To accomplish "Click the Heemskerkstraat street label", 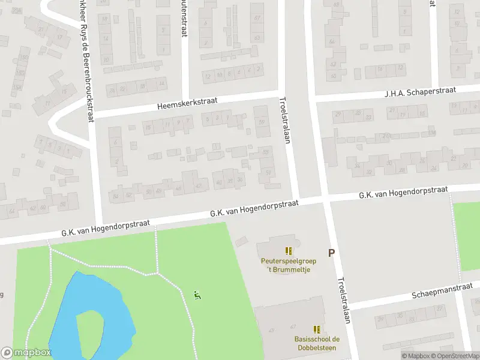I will [187, 104].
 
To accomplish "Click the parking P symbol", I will [331, 253].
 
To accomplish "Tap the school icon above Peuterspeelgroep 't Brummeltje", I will [289, 251].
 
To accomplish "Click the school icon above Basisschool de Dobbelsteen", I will [316, 329].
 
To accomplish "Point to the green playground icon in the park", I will [197, 295].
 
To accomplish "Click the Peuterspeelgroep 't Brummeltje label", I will [289, 265].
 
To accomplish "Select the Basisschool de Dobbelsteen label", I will [316, 344].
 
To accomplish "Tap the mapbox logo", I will [26, 353].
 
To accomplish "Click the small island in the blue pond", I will [91, 327].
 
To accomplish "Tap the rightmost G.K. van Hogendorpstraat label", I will [403, 193].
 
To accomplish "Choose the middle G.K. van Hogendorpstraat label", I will [254, 209].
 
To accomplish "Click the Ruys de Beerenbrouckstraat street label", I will [86, 60].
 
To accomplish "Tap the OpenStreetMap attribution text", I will [454, 356].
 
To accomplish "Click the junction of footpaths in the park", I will [157, 273].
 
